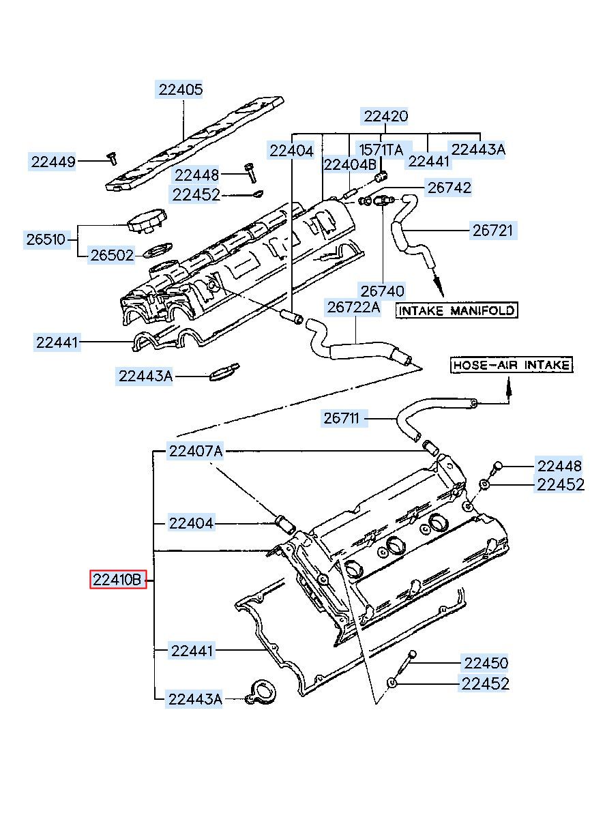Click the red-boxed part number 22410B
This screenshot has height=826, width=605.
coord(118,580)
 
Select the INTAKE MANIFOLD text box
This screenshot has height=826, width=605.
coord(456,310)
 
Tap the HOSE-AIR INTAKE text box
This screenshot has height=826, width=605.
coord(512,365)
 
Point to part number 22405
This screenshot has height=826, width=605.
coord(180,89)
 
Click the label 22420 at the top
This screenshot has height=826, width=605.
coord(385,116)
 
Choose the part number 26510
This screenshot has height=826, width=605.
coord(46,239)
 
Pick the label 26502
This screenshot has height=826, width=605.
coord(112,255)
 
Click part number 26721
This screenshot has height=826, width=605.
coord(492,231)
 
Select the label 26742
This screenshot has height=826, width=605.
coord(449,188)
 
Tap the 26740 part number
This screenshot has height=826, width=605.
coord(382,291)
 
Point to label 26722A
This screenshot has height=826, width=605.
coord(353,307)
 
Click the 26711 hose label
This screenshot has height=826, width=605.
coord(344,418)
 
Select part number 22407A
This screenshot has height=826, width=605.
coord(196,451)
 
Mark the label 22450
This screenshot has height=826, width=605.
coord(486,663)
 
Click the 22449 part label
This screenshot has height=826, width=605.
coord(53,162)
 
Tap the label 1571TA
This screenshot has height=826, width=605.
coord(381,149)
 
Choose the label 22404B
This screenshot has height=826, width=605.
coord(349,164)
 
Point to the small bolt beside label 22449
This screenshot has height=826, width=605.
coord(112,158)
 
